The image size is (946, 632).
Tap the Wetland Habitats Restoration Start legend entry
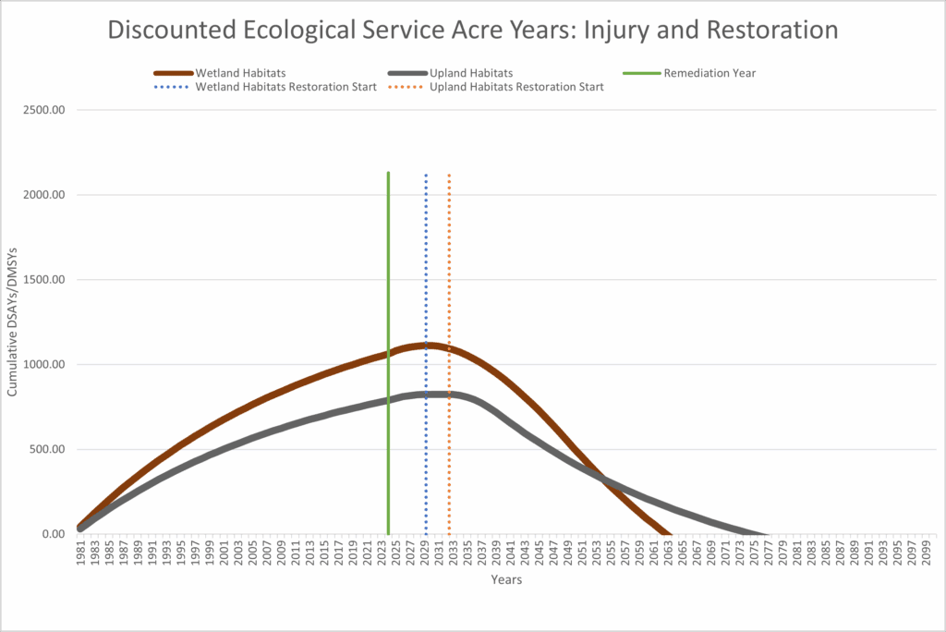pyautogui.click(x=285, y=87)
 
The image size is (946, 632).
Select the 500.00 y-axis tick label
pyautogui.click(x=49, y=449)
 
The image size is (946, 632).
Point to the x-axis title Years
pyautogui.click(x=506, y=580)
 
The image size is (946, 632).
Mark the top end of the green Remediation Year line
pyautogui.click(x=388, y=173)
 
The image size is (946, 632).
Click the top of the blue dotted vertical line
pyautogui.click(x=426, y=174)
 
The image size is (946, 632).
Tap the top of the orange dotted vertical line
pyautogui.click(x=449, y=174)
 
